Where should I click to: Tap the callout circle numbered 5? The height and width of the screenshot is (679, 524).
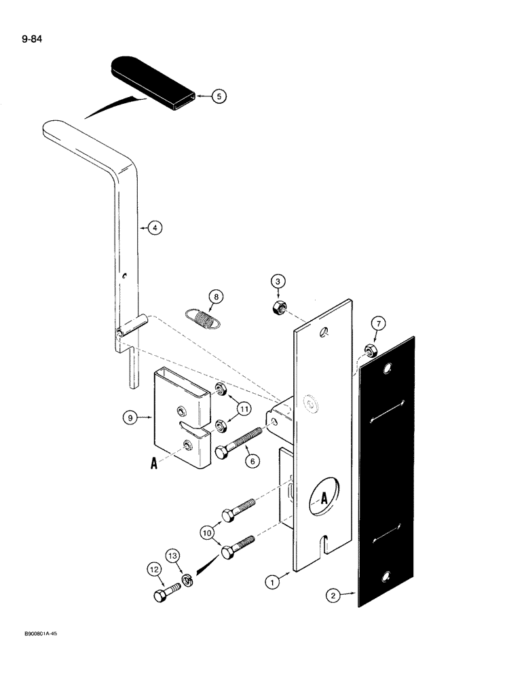(x=219, y=96)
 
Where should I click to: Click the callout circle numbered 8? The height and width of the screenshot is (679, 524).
(x=214, y=296)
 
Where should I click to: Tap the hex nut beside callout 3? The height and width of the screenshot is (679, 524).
(x=277, y=308)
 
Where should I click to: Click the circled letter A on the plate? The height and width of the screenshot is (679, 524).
(x=324, y=497)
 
